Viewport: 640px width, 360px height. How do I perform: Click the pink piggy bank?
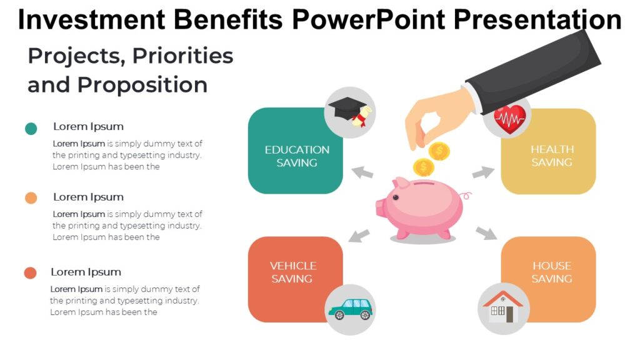click(420, 209)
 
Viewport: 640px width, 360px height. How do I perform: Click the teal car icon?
click(350, 308)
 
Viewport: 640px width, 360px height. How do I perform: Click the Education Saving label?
click(297, 156)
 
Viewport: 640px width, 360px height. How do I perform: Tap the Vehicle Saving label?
click(292, 272)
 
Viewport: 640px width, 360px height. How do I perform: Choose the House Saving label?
click(552, 272)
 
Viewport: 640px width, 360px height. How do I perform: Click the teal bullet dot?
click(31, 129)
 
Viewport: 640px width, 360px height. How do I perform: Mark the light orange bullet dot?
click(31, 198)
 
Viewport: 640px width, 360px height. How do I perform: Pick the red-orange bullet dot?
click(30, 273)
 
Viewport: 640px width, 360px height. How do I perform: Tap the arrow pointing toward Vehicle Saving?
click(359, 236)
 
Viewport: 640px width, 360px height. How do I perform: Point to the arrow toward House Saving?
click(486, 233)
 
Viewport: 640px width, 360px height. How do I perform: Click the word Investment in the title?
click(91, 20)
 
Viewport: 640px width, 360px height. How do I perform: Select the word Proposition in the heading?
click(142, 85)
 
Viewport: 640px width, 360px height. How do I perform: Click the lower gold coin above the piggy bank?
click(424, 167)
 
